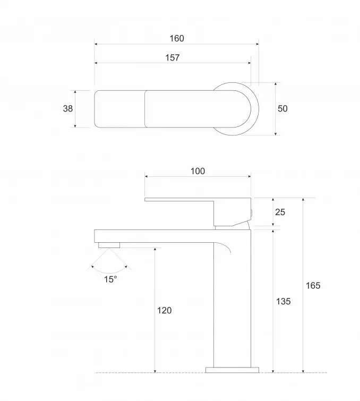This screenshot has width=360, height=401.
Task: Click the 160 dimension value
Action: (x=177, y=38)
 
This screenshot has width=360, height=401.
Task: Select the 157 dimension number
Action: (x=173, y=57)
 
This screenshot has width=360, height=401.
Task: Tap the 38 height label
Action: (x=68, y=108)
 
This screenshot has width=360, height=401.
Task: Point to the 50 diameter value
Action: (x=282, y=108)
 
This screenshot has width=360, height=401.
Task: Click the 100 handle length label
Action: (x=198, y=171)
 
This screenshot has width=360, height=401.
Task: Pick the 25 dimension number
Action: (x=280, y=212)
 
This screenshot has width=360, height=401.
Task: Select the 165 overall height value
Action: (x=313, y=285)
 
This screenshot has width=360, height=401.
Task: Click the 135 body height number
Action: (x=284, y=301)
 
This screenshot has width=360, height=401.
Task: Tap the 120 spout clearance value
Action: (x=164, y=310)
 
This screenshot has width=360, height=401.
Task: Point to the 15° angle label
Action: (x=110, y=279)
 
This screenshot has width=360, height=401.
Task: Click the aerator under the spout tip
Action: (x=109, y=245)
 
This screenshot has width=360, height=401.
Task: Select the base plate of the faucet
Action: (x=232, y=370)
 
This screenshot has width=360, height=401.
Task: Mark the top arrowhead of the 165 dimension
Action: (x=303, y=200)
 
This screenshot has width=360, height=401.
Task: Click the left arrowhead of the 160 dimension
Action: (x=96, y=44)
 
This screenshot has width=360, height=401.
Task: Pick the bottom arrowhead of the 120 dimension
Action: (x=155, y=371)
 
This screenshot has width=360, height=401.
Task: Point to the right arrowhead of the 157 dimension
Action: (x=249, y=63)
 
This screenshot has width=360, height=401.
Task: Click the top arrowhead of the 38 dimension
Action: (x=75, y=92)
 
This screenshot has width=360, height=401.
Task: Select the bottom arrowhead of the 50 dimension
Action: (x=276, y=133)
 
